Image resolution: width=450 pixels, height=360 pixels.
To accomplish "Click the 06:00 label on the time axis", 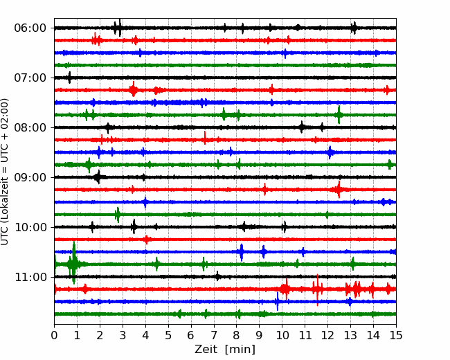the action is (30, 28).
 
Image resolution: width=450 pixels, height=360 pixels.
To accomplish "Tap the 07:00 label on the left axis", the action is (30, 78).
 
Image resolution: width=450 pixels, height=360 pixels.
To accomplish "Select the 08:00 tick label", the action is (30, 127).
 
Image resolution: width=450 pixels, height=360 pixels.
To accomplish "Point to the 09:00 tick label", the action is (30, 177).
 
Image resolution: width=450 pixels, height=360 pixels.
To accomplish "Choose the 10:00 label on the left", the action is (30, 227).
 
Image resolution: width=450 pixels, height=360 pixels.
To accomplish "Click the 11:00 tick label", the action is (30, 278).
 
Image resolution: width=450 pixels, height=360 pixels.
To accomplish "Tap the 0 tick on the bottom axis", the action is (54, 335).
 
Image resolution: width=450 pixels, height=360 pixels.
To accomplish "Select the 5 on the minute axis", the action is (168, 335).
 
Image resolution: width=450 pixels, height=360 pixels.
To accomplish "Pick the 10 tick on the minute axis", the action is (282, 335).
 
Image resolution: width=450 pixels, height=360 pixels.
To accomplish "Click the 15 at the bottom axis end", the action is (396, 335).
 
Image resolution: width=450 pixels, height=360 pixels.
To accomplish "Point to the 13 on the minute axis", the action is (350, 335).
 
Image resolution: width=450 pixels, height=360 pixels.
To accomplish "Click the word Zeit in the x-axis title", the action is (206, 350).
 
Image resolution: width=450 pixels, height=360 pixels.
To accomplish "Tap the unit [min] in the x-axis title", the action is (240, 350).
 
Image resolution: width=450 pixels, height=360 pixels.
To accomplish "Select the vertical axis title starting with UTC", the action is (5, 172).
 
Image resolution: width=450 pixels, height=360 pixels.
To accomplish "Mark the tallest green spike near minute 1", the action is (74, 262).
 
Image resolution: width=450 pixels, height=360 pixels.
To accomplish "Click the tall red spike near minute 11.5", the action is (317, 290).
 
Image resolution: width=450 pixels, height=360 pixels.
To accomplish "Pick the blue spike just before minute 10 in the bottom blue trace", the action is (278, 301).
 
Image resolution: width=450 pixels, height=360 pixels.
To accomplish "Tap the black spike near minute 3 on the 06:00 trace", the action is (120, 27).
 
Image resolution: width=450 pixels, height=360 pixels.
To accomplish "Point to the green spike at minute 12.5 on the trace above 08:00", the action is (339, 115).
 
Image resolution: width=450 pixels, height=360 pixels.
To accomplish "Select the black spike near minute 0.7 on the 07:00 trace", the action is (69, 78).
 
